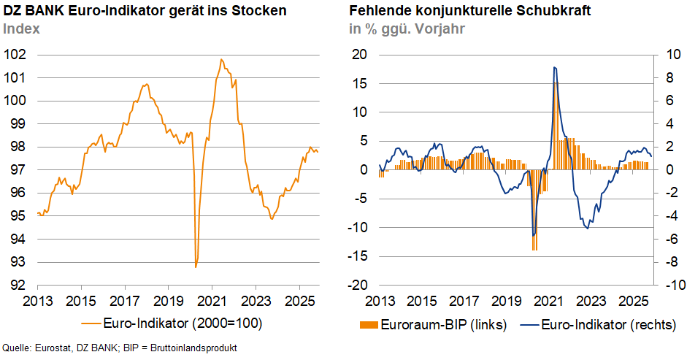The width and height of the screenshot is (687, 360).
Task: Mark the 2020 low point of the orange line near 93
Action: tap(196, 267)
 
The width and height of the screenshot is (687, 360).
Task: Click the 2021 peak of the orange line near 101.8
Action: tap(221, 59)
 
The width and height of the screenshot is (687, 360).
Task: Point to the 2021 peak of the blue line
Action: tap(555, 67)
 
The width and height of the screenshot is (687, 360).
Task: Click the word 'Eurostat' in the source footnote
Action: tap(54, 348)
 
